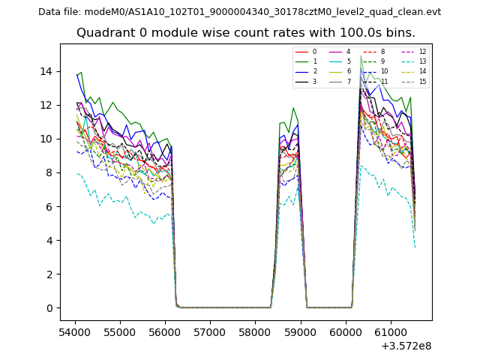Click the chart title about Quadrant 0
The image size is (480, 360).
[x=245, y=33]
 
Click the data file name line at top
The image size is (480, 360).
[x=239, y=12]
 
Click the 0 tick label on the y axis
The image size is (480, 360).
[x=49, y=308]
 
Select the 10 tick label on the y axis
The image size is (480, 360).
[x=46, y=139]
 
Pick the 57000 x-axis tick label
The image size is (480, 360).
[x=210, y=331]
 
